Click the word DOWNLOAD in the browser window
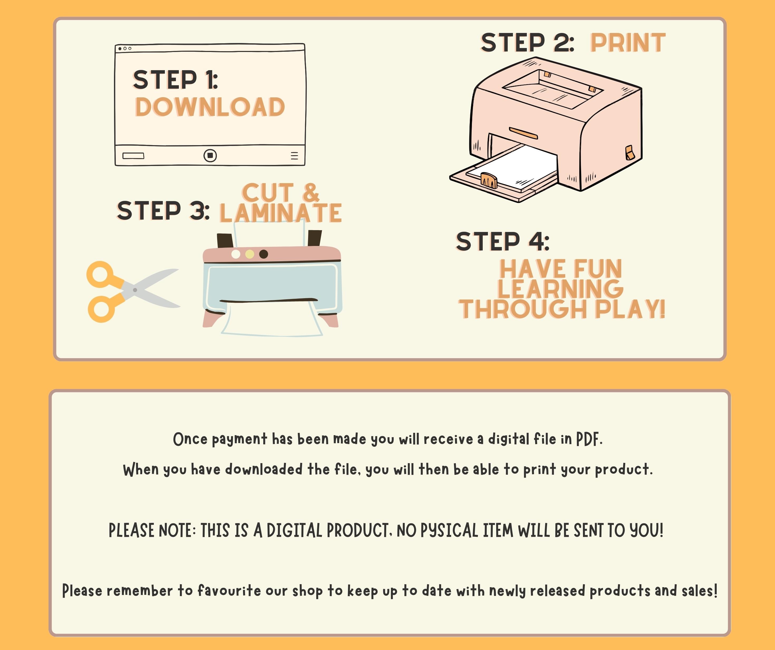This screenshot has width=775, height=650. coord(210,107)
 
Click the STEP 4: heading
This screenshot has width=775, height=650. coord(503,242)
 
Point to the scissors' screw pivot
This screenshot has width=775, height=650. coord(135,290)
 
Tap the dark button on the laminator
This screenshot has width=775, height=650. coord(264,254)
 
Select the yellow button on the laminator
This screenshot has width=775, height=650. coord(250,254)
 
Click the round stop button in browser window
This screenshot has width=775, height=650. coord(210,155)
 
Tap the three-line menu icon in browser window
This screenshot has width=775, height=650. coord(294,155)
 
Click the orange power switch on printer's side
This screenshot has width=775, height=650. coord(630,153)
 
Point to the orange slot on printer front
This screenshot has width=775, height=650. coord(523,133)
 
